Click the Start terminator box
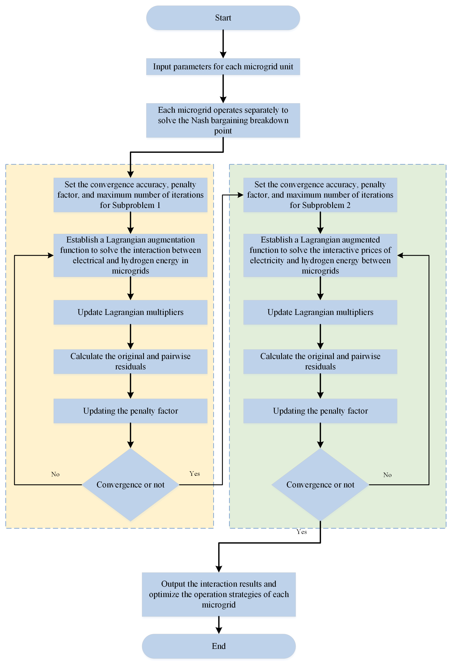coord(223,18)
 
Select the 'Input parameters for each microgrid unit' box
coord(223,67)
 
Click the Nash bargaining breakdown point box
coord(223,120)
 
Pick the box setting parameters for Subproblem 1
coord(130,195)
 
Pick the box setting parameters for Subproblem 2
coord(320,195)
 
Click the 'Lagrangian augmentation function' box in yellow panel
coord(130,255)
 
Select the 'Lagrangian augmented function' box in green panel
coord(320,255)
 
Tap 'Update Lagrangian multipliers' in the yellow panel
coord(130,312)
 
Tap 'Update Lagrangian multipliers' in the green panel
coord(320,312)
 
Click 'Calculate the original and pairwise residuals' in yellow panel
coord(130,361)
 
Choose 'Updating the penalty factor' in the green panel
coord(320,411)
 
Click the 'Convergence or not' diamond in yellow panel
coord(130,485)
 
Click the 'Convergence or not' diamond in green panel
coord(320,485)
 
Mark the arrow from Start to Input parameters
coord(223,44)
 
